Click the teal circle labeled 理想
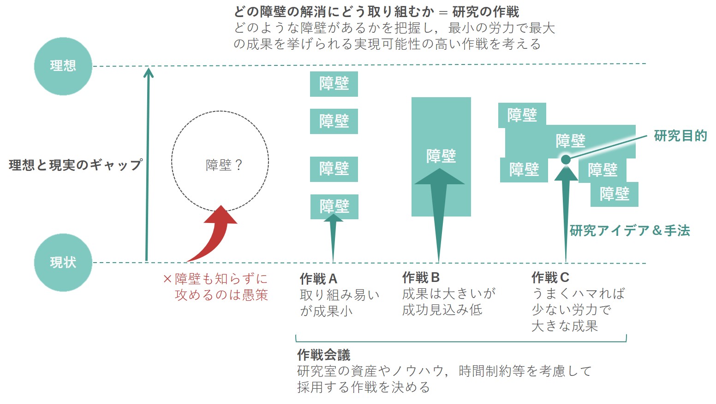pos(63,66)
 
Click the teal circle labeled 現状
pos(63,262)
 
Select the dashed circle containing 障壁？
pos(220,161)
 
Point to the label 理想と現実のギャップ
pos(75,165)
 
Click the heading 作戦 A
pos(318,279)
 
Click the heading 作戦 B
pos(421,277)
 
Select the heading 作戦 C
pos(550,277)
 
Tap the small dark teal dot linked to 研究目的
pos(566,159)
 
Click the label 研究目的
pos(680,136)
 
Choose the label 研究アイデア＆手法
pos(630,230)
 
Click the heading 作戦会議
pos(323,355)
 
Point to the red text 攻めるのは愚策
pos(221,295)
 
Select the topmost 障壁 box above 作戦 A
pos(334,84)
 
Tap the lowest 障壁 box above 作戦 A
pos(334,206)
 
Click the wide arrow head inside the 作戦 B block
pos(439,177)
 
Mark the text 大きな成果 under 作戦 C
pos(565,326)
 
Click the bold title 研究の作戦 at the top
pos(485,12)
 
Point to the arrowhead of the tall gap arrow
pos(148,72)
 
